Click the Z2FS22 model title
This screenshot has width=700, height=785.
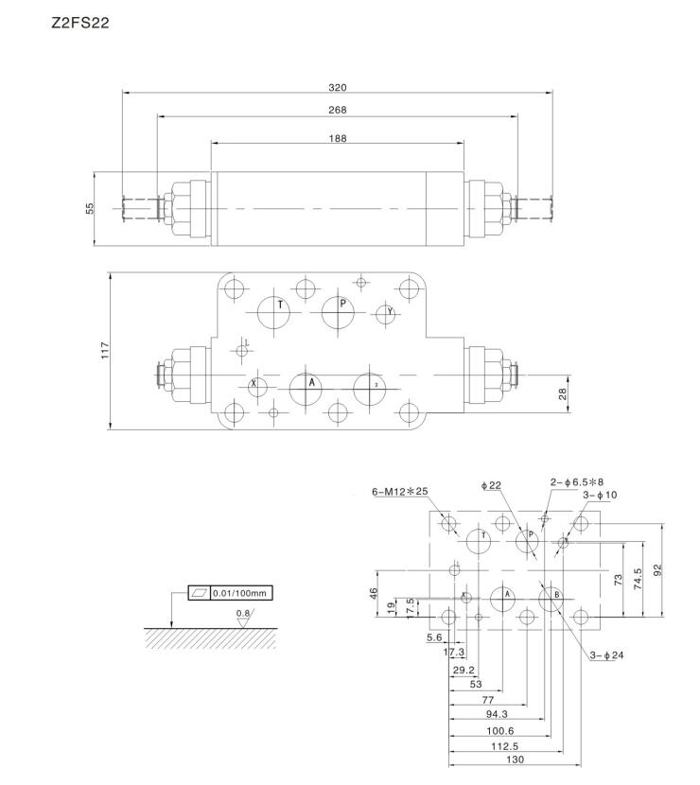pos(80,23)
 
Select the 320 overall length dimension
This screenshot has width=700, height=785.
pos(338,87)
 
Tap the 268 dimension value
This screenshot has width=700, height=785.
pos(338,110)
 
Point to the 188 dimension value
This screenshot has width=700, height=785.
pos(338,138)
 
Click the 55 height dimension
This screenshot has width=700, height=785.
pos(91,207)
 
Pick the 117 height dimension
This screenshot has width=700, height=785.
pos(105,350)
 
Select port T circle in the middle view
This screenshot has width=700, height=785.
pos(278,312)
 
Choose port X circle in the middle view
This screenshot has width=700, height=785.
pos(255,386)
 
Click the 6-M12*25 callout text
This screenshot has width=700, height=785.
pos(400,492)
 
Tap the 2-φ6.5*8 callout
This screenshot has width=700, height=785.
pos(577,482)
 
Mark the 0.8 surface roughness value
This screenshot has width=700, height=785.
pos(244,613)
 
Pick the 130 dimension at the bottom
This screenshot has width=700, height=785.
pos(515,759)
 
